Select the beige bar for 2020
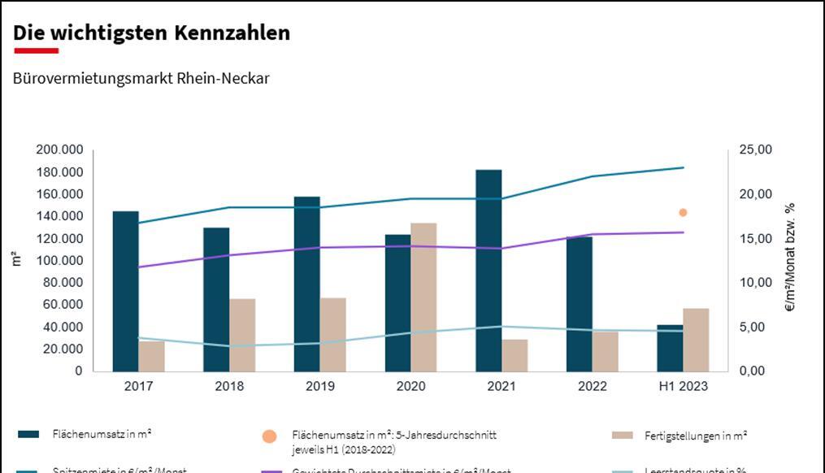[423, 297]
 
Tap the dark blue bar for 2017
[125, 291]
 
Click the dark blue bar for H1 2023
[670, 348]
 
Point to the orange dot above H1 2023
[683, 213]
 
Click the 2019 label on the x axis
[320, 387]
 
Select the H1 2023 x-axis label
[683, 387]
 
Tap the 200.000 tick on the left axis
[59, 150]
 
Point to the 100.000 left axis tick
[59, 261]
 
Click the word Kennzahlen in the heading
[232, 33]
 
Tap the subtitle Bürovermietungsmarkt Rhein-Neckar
[141, 79]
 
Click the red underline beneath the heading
[36, 50]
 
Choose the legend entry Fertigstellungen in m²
[695, 436]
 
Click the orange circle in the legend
[270, 437]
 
